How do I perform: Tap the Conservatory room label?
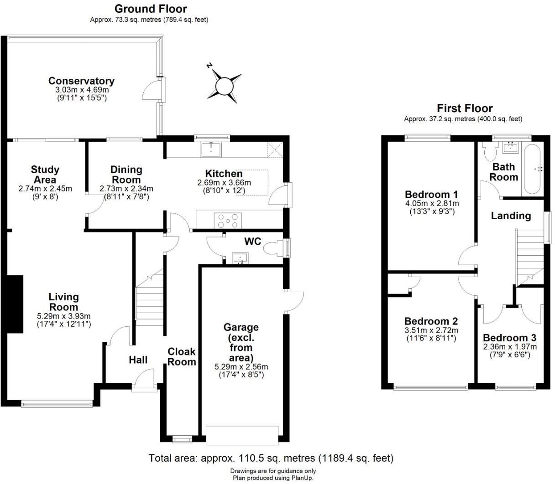tap(81, 81)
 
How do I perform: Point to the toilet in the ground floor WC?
tap(274, 248)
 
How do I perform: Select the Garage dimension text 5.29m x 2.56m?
tap(241, 367)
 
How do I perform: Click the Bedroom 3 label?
tap(509, 338)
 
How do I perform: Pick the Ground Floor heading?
tap(150, 9)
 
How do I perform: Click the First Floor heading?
tap(465, 108)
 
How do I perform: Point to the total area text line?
tap(271, 458)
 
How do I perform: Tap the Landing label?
tap(511, 216)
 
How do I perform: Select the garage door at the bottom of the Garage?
tap(242, 435)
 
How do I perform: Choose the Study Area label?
tap(45, 175)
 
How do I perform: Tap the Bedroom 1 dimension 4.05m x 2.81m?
tap(432, 204)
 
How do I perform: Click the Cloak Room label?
tap(182, 356)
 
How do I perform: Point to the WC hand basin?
tap(240, 258)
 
